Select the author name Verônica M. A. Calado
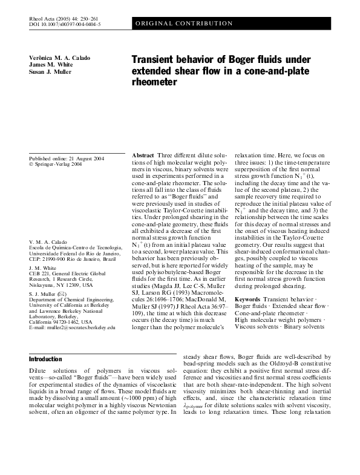(x=59, y=57)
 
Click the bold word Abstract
(x=143, y=156)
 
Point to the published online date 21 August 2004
(x=67, y=159)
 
